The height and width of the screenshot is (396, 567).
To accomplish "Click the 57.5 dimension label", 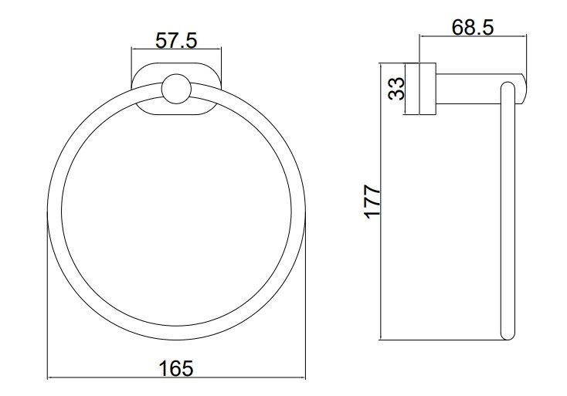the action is tap(176, 40).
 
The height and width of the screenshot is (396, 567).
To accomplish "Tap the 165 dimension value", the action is tap(176, 368).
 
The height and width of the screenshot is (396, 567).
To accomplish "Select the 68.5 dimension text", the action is tap(472, 27).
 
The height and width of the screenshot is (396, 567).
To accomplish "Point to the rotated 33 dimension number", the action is tap(396, 89).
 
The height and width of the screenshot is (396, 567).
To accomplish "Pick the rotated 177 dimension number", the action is tap(372, 201).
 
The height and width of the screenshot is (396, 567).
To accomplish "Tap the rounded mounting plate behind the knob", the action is tap(176, 90).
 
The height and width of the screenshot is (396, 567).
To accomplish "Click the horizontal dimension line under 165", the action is tap(176, 378).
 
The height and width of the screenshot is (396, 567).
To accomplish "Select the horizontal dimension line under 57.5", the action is tap(176, 49).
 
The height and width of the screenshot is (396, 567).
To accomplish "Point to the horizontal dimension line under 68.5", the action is tap(473, 36).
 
